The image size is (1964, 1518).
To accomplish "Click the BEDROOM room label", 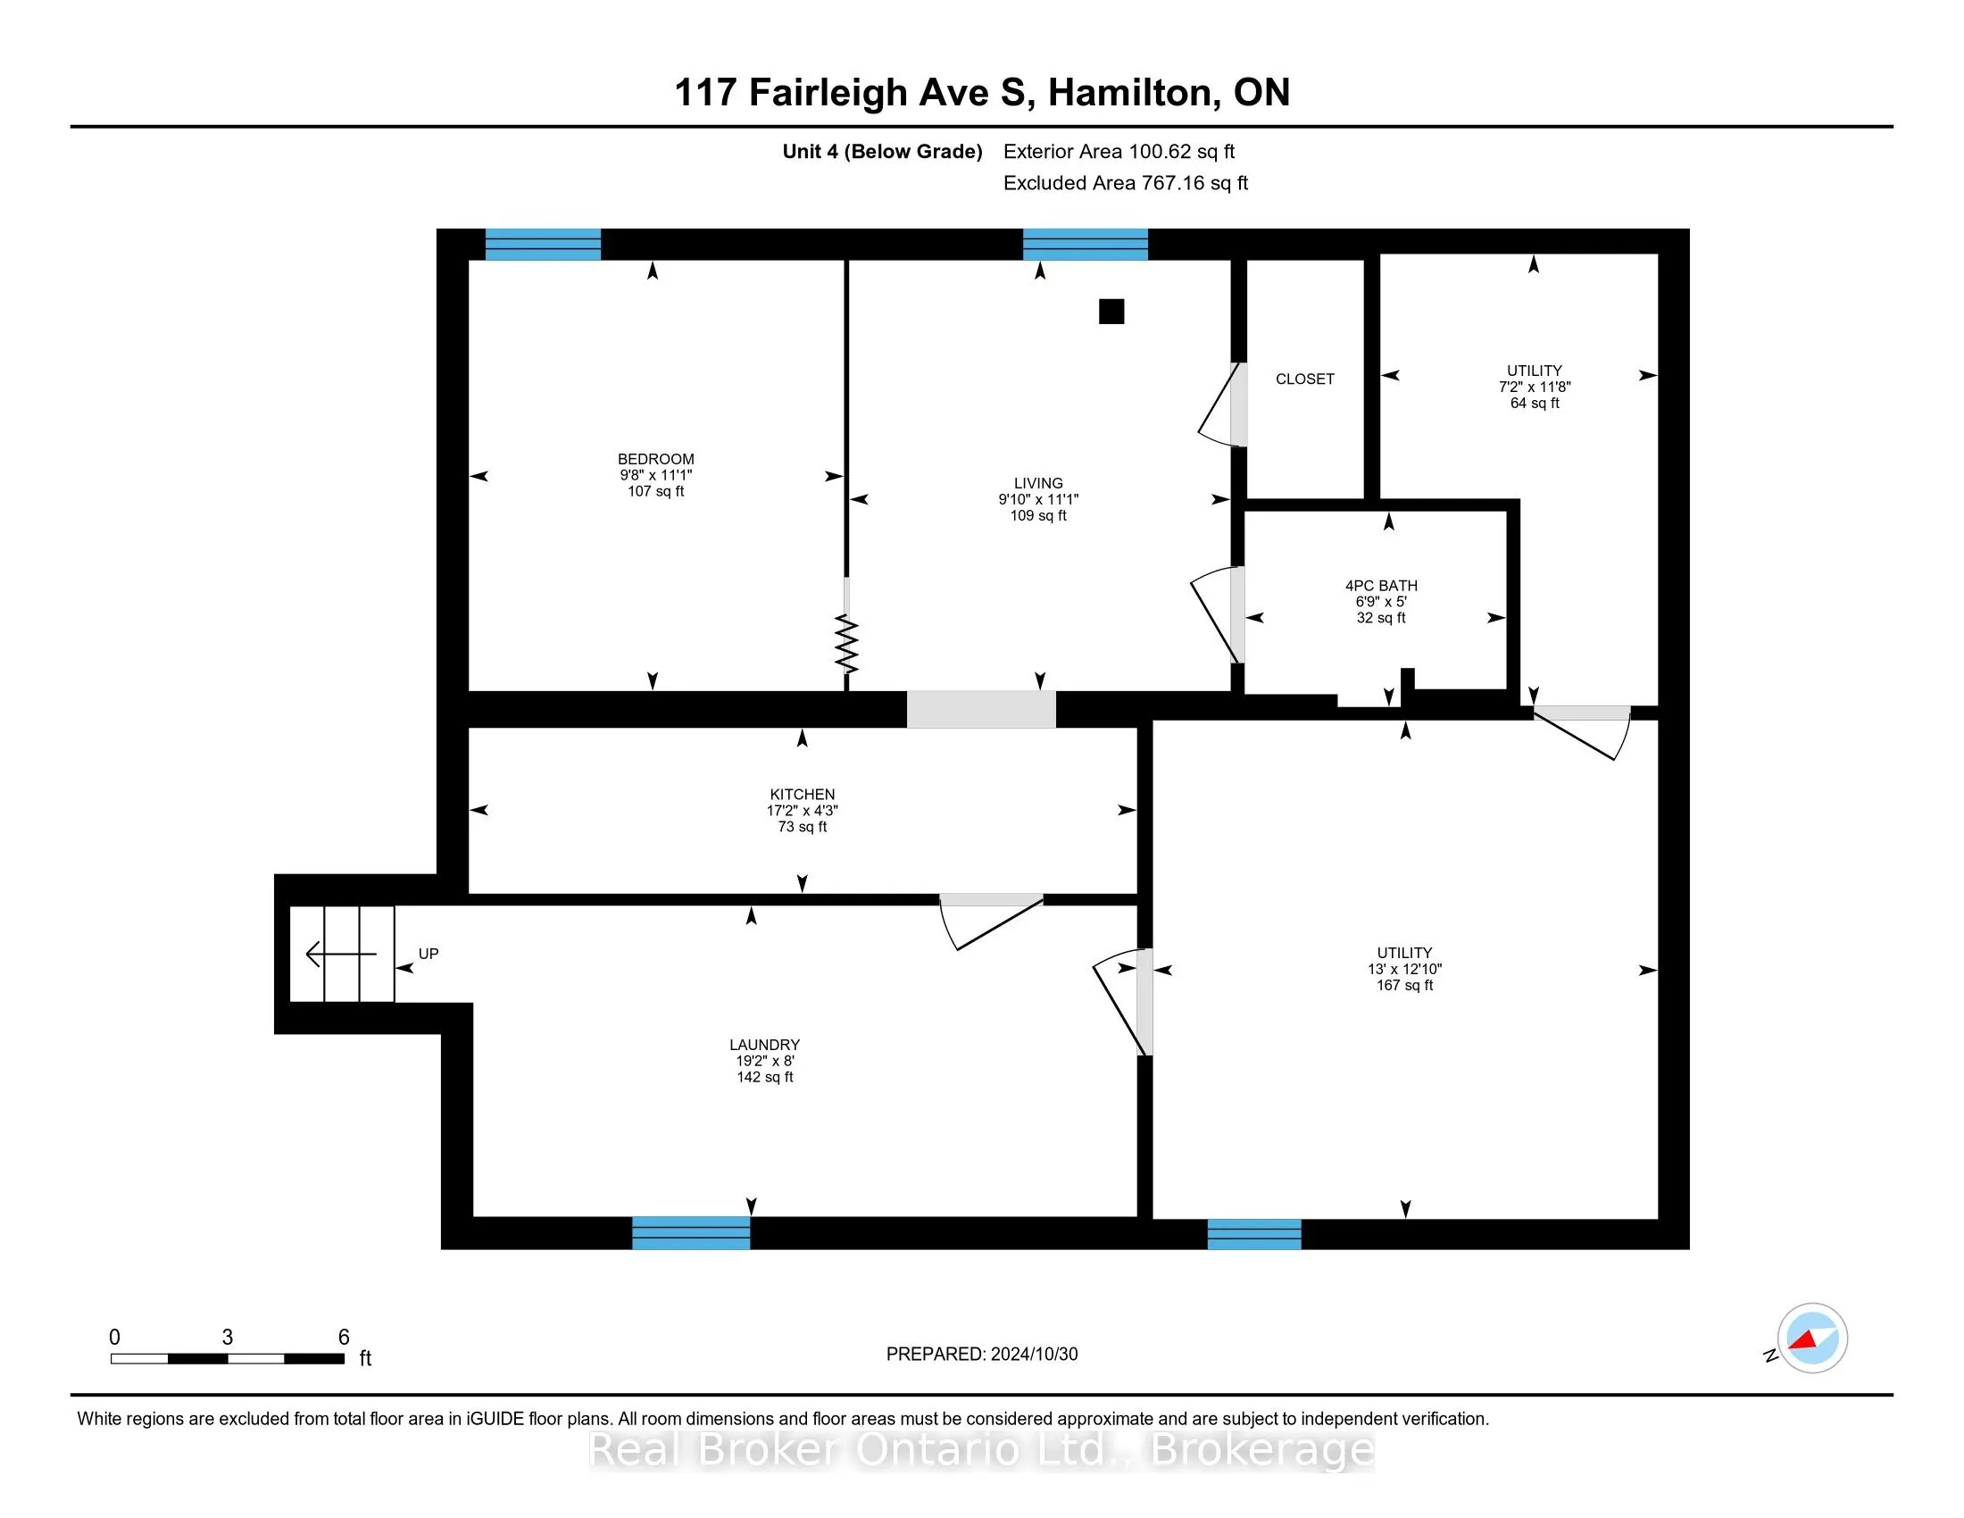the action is [655, 459].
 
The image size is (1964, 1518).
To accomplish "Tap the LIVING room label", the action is [1038, 483].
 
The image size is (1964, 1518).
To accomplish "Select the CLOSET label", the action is [1305, 379].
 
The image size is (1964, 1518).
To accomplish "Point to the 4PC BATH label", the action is [1381, 586].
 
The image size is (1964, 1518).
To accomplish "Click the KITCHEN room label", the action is [803, 794].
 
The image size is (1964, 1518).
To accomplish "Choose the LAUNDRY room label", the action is [764, 1045].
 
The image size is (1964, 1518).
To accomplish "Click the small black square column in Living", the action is [1111, 311].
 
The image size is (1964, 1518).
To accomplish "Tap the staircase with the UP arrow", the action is [342, 954].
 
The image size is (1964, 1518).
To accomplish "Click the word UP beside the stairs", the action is [428, 954].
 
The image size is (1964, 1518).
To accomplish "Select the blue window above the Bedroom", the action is [543, 245].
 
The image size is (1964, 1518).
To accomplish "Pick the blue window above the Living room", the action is [1086, 245].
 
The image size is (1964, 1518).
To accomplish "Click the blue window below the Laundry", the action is [691, 1233].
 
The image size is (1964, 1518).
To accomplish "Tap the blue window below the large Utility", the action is [1254, 1234].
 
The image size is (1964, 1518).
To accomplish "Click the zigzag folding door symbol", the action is [847, 644].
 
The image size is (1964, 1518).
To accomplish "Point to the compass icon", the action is [1812, 1339].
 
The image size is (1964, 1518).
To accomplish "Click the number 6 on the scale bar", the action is [344, 1338].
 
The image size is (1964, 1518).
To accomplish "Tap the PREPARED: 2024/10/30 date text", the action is [982, 1355].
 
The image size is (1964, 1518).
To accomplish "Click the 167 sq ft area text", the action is [1404, 986].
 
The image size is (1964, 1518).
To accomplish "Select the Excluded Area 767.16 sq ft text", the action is [1126, 183].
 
